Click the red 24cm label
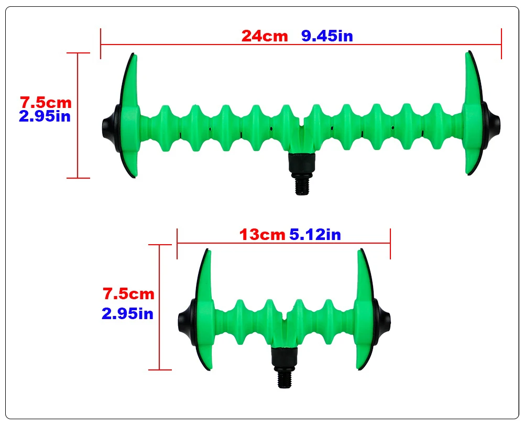[264, 36]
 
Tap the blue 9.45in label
[327, 36]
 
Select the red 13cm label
[263, 235]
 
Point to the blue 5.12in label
[315, 235]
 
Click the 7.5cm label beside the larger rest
[46, 103]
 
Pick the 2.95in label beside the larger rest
[45, 116]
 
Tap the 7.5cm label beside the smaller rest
[128, 294]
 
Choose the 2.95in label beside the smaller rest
[127, 314]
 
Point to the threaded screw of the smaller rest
[284, 379]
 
